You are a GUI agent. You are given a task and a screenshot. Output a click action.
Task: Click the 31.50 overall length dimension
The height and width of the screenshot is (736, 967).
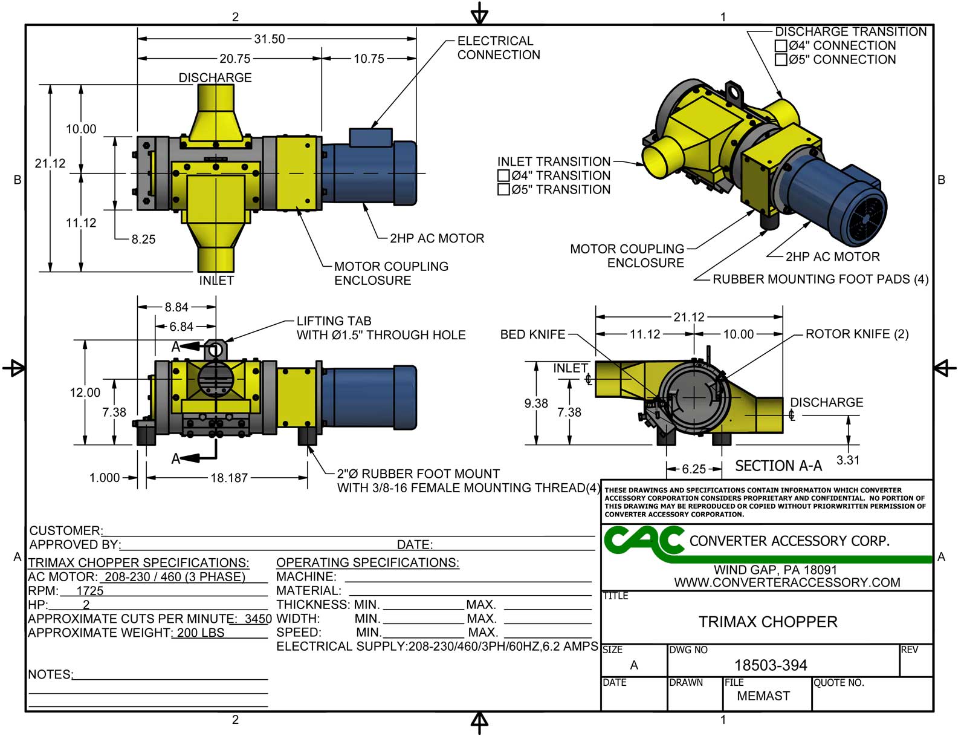(x=269, y=39)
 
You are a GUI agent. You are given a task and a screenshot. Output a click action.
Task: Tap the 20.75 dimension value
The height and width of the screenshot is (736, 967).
(x=234, y=59)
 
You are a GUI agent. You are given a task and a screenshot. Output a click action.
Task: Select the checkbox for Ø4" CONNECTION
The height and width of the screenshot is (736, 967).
(x=781, y=46)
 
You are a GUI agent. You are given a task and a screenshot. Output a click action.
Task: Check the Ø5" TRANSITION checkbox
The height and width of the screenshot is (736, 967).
(x=503, y=190)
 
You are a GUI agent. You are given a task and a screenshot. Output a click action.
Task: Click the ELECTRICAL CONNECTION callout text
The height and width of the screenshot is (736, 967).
(x=498, y=48)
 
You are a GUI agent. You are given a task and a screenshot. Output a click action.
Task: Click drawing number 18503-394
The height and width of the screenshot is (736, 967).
(x=770, y=665)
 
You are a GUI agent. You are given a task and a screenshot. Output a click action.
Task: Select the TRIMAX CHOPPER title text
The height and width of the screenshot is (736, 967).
(x=768, y=622)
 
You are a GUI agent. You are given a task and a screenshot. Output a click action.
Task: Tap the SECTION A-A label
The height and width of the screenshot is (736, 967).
(x=778, y=466)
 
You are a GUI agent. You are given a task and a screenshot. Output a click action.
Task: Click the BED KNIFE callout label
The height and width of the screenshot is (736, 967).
(x=532, y=334)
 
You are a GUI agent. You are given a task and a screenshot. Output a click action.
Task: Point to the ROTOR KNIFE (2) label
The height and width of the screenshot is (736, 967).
(x=856, y=334)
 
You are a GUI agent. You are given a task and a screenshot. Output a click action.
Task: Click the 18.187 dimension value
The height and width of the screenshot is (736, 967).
(x=228, y=478)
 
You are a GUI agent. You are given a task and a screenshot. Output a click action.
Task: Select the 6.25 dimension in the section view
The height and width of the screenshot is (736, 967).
(x=693, y=469)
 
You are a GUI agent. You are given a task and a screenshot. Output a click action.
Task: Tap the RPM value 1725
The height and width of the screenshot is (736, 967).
(x=90, y=591)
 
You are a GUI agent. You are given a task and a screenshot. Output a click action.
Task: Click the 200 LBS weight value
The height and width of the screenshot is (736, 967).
(x=201, y=633)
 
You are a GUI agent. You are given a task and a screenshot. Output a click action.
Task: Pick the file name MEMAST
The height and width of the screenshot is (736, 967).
(x=763, y=696)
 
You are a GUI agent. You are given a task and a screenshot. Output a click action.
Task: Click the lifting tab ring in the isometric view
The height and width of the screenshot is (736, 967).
(x=734, y=93)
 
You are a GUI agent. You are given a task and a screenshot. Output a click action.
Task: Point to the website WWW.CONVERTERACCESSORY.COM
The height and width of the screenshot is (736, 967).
(x=787, y=582)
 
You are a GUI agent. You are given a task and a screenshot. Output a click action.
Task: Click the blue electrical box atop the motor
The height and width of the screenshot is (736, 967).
(x=370, y=137)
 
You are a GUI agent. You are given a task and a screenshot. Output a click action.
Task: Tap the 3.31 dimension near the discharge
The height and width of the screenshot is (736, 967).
(x=847, y=460)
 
